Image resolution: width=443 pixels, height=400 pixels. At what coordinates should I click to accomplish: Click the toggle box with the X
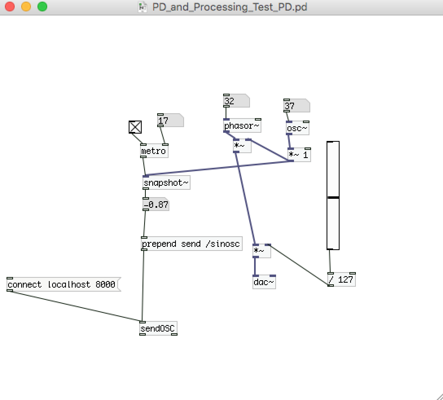(135, 127)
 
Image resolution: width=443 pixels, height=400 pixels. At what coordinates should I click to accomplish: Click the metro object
(154, 151)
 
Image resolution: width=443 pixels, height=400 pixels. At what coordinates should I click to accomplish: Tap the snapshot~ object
(166, 183)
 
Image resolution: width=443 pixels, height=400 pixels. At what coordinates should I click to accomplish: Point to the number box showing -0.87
(156, 204)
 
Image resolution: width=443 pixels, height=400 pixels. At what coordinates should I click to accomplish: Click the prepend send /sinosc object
(191, 244)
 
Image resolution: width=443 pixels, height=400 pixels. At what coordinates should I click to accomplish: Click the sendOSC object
(158, 328)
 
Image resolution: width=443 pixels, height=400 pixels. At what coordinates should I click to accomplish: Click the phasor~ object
(242, 126)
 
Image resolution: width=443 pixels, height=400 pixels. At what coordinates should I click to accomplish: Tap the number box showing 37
(296, 106)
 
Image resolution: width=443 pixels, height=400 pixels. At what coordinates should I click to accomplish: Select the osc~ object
(297, 128)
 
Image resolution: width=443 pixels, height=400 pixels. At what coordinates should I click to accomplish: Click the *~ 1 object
(299, 155)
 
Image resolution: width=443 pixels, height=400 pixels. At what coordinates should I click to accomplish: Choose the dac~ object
(264, 282)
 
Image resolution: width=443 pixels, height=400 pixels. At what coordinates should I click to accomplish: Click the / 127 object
(341, 279)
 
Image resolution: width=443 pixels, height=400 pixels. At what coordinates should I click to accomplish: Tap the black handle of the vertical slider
(333, 198)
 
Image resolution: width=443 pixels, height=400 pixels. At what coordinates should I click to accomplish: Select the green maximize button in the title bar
(42, 7)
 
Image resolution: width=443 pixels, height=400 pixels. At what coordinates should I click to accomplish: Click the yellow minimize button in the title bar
(26, 7)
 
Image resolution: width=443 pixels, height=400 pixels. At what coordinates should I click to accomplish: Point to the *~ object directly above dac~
(261, 251)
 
